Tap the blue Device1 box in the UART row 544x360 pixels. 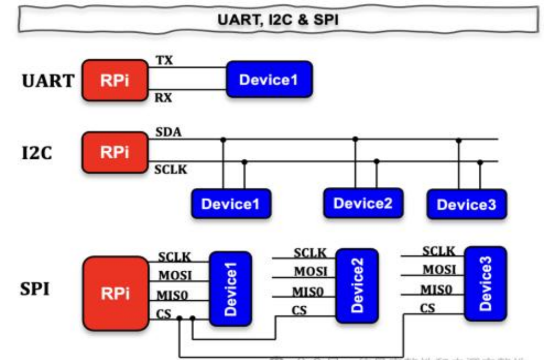270,80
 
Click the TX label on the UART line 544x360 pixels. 164,61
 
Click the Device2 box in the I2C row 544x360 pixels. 363,203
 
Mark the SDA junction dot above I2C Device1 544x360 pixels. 223,140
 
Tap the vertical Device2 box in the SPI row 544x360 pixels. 357,285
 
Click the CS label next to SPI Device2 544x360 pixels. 298,311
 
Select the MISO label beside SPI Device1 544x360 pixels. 173,295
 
